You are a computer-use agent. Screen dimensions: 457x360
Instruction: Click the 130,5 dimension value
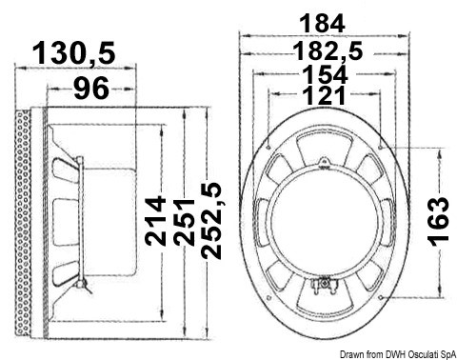click(73, 53)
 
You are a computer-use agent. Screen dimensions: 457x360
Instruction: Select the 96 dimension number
click(91, 88)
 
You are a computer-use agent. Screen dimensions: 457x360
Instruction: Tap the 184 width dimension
click(322, 23)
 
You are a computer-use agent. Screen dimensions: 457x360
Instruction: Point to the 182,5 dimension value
click(328, 51)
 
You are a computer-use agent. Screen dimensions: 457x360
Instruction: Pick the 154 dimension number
click(325, 74)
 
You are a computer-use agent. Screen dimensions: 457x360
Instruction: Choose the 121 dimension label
click(325, 95)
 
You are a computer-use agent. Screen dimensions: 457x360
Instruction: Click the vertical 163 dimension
click(439, 222)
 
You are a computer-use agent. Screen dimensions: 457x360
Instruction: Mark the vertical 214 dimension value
click(155, 221)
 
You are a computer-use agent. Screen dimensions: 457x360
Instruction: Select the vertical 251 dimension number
click(184, 223)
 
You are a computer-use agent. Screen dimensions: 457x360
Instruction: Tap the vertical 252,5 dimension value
click(211, 221)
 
